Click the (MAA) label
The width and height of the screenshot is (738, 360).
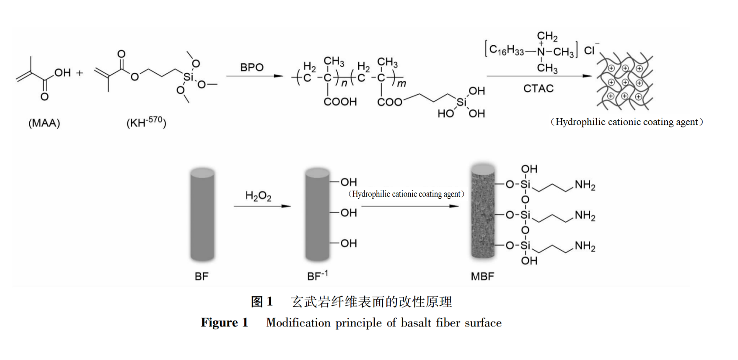[44, 123]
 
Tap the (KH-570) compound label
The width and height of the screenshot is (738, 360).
[146, 122]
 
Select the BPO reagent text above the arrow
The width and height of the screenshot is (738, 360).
[251, 67]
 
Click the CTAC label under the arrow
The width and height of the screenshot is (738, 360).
[539, 89]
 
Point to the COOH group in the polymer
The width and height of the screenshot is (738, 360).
[340, 102]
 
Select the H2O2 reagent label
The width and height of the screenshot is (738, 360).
[258, 196]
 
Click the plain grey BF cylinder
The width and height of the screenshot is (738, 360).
[202, 214]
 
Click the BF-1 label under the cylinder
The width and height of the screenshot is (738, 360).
[317, 276]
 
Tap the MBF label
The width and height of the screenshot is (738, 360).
[482, 277]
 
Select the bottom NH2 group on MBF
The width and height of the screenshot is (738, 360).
[585, 246]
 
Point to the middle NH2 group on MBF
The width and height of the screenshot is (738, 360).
[585, 216]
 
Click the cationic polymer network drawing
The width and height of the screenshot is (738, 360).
[624, 82]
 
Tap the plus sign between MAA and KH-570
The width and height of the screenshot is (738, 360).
[80, 73]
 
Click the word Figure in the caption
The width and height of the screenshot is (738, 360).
[219, 323]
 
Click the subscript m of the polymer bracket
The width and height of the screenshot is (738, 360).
[401, 83]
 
